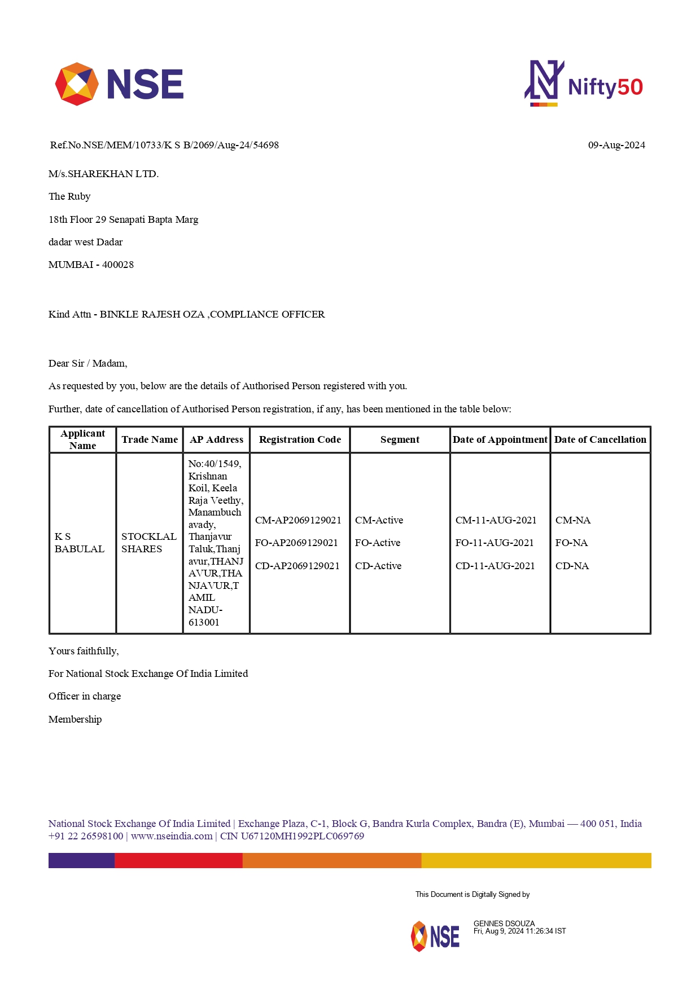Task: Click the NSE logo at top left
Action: pyautogui.click(x=119, y=84)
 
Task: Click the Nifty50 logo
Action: pyautogui.click(x=584, y=84)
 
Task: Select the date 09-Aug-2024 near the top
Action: pyautogui.click(x=616, y=145)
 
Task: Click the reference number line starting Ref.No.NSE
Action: pyautogui.click(x=164, y=145)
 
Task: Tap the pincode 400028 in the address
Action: pyautogui.click(x=118, y=265)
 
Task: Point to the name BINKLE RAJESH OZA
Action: pyautogui.click(x=152, y=314)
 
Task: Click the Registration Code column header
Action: pyautogui.click(x=300, y=439)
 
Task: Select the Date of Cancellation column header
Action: pyautogui.click(x=600, y=439)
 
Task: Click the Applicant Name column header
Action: pyautogui.click(x=82, y=439)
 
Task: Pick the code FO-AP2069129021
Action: pyautogui.click(x=296, y=543)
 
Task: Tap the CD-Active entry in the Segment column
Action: pyautogui.click(x=378, y=566)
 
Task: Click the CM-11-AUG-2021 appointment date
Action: pyautogui.click(x=496, y=520)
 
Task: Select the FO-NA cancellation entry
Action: pyautogui.click(x=571, y=543)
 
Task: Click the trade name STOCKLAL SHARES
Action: pyautogui.click(x=148, y=543)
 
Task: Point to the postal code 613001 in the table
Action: pyautogui.click(x=204, y=622)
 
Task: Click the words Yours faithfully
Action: pyautogui.click(x=84, y=651)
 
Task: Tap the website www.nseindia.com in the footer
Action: pyautogui.click(x=172, y=836)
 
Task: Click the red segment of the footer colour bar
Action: pyautogui.click(x=178, y=860)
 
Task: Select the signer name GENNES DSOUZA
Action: pyautogui.click(x=504, y=923)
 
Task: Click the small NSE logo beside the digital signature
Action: pyautogui.click(x=435, y=936)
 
